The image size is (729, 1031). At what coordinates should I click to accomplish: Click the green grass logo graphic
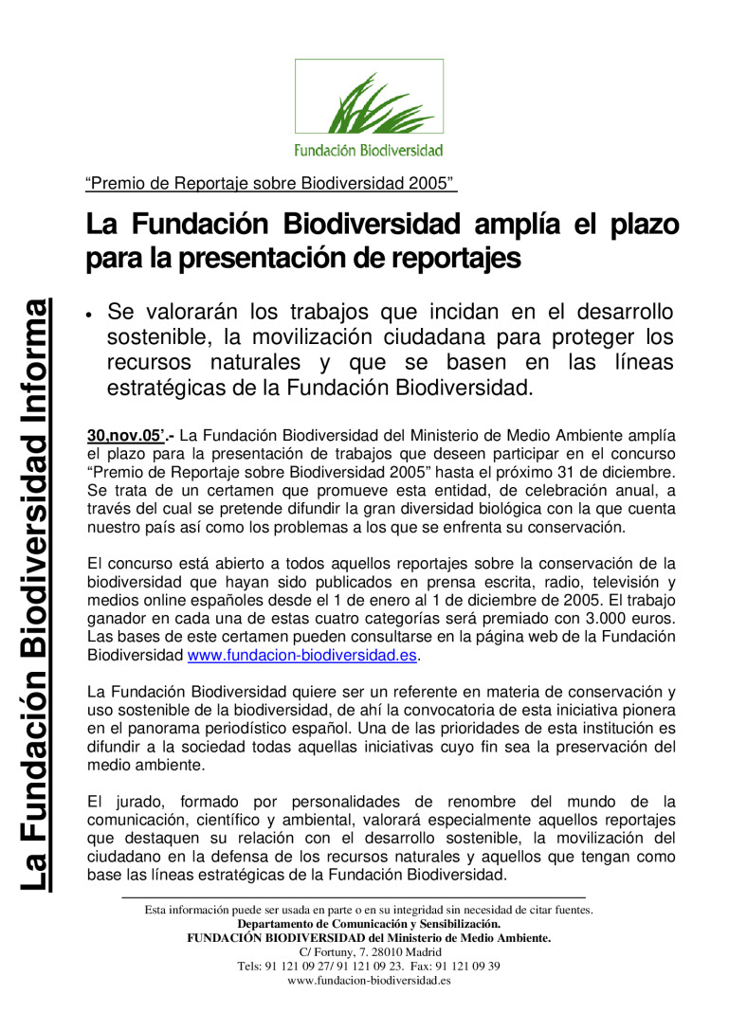point(369,102)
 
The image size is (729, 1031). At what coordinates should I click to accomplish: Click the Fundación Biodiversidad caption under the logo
point(369,150)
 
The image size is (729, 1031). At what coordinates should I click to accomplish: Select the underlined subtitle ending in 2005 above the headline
point(271,183)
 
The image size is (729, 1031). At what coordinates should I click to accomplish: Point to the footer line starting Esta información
point(369,910)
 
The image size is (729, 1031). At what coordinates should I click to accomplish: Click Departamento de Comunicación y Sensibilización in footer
point(369,924)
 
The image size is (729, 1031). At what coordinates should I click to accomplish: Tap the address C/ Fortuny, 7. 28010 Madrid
point(369,952)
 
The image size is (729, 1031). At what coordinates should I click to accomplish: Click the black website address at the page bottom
point(369,981)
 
